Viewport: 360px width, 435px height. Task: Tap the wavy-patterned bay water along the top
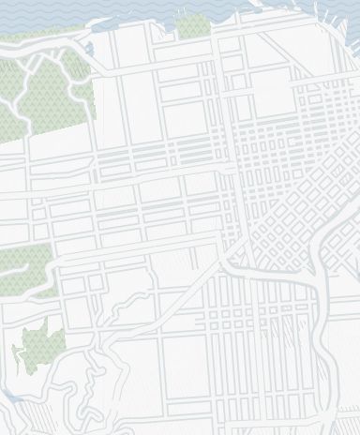[x=141, y=14]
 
